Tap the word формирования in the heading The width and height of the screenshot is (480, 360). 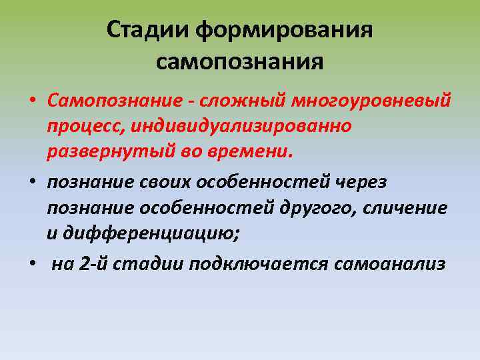click(x=285, y=31)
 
